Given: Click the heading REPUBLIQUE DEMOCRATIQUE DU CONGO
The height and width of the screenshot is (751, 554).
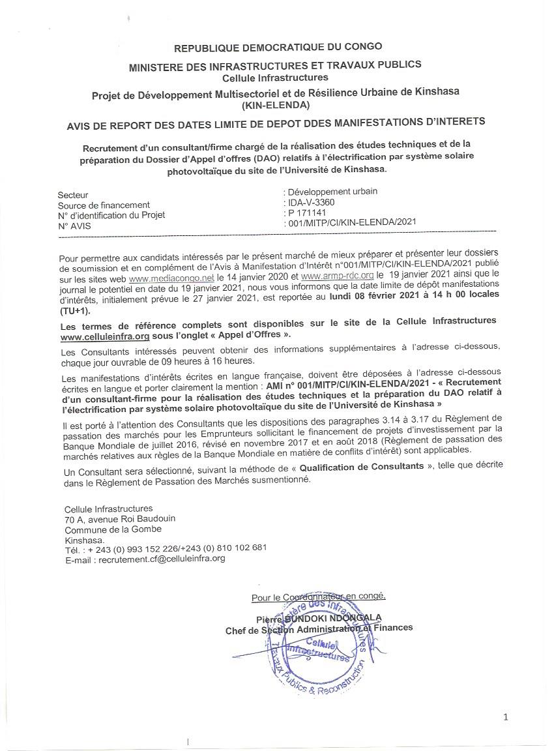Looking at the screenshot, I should point(278,47).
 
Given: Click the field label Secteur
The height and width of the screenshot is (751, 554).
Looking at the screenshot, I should point(73,195).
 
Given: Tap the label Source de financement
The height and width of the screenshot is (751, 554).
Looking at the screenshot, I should point(104,205).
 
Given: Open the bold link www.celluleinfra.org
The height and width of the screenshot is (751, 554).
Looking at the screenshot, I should point(104,335).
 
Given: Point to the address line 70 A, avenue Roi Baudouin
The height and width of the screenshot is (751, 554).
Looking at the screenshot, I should point(120,518).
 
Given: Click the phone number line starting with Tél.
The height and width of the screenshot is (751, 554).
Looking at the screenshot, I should point(166,548).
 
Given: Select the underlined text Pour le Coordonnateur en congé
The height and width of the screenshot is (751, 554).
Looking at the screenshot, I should point(318,596).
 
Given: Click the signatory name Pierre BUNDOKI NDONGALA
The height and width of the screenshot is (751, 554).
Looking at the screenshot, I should point(319,617).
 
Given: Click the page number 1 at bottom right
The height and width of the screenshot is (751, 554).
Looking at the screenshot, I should point(506,718).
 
